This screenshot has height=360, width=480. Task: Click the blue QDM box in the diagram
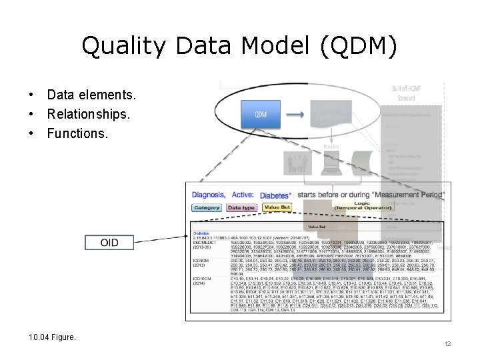tap(261, 115)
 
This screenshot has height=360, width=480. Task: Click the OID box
tap(109, 242)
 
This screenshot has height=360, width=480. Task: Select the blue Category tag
tap(207, 208)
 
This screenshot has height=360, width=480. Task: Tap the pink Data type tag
tap(241, 208)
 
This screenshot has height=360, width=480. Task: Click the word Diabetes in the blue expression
tap(275, 195)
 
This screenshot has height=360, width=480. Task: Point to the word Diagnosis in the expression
tap(209, 195)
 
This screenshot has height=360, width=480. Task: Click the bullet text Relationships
tap(89, 114)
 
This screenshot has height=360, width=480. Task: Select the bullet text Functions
tap(77, 133)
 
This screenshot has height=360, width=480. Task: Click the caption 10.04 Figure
tap(53, 337)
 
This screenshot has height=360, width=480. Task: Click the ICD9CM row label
tap(201, 260)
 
